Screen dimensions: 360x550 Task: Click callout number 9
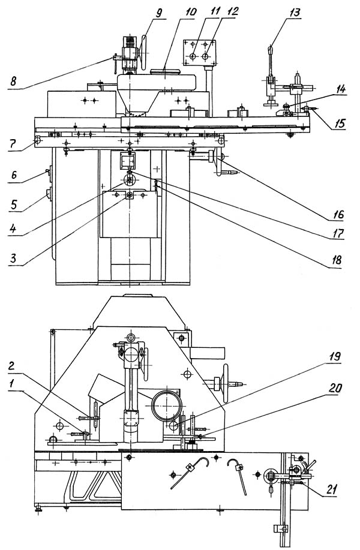[159, 13]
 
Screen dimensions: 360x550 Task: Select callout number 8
[13, 82]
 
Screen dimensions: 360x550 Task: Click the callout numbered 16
[338, 214]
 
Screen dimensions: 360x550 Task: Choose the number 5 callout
[13, 204]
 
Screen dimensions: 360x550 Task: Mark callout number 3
[13, 259]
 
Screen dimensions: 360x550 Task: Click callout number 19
[335, 357]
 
